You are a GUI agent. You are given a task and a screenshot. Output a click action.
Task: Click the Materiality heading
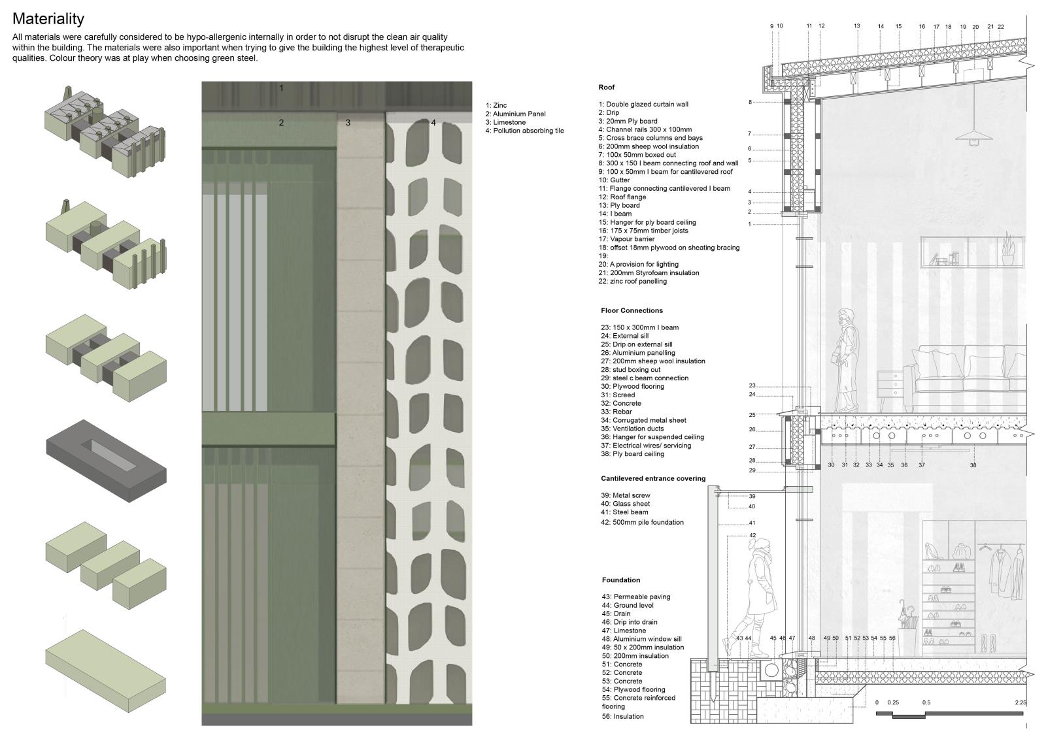(48, 19)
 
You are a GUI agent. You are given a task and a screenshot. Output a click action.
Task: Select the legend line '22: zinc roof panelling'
(632, 282)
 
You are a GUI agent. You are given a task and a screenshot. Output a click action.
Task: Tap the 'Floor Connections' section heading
(632, 310)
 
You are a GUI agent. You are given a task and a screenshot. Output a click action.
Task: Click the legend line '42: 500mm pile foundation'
(642, 522)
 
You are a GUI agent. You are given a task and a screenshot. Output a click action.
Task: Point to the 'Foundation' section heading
(620, 580)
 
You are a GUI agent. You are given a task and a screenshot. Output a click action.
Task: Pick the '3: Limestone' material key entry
(505, 122)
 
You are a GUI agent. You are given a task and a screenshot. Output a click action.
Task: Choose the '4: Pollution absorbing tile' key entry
(524, 131)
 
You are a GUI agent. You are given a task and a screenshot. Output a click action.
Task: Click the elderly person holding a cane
(845, 359)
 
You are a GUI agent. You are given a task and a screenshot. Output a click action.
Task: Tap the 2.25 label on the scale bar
(1021, 703)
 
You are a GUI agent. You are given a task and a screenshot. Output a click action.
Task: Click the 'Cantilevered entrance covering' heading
(653, 478)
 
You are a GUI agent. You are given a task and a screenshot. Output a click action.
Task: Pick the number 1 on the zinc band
(282, 88)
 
